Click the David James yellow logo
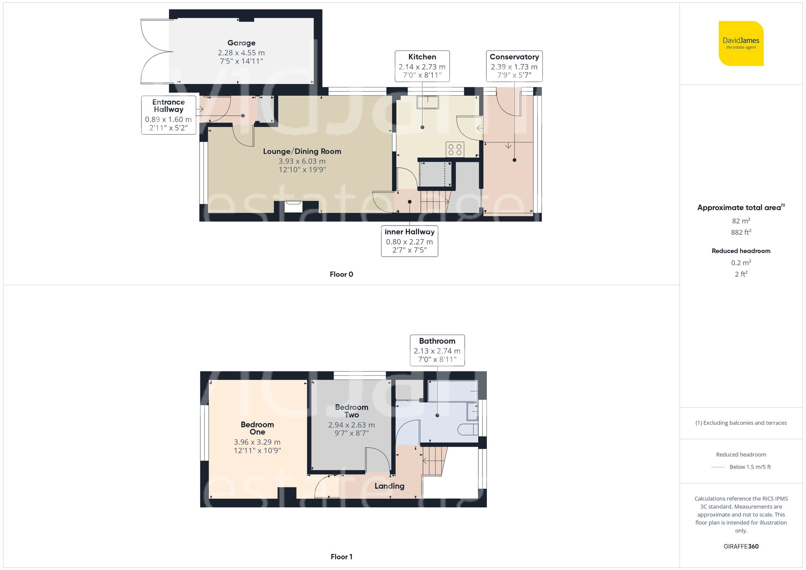pyautogui.click(x=741, y=44)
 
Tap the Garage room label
pyautogui.click(x=241, y=43)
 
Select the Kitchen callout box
pyautogui.click(x=422, y=66)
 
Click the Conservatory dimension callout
pyautogui.click(x=514, y=66)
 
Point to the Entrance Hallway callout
pyautogui.click(x=168, y=115)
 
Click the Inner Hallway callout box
pyautogui.click(x=409, y=241)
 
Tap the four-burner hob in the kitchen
pyautogui.click(x=455, y=149)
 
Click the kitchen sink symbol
pyautogui.click(x=428, y=102)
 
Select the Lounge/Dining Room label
pyautogui.click(x=302, y=151)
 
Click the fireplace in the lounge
pyautogui.click(x=293, y=207)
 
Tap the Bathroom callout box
pyautogui.click(x=437, y=350)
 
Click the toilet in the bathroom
pyautogui.click(x=469, y=429)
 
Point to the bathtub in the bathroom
pyautogui.click(x=453, y=391)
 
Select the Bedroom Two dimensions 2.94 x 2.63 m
pyautogui.click(x=351, y=425)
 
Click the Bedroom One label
pyautogui.click(x=257, y=428)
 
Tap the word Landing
pyautogui.click(x=389, y=486)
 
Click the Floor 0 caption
pyautogui.click(x=341, y=274)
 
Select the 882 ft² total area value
pyautogui.click(x=741, y=232)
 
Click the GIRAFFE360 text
pyautogui.click(x=741, y=546)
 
